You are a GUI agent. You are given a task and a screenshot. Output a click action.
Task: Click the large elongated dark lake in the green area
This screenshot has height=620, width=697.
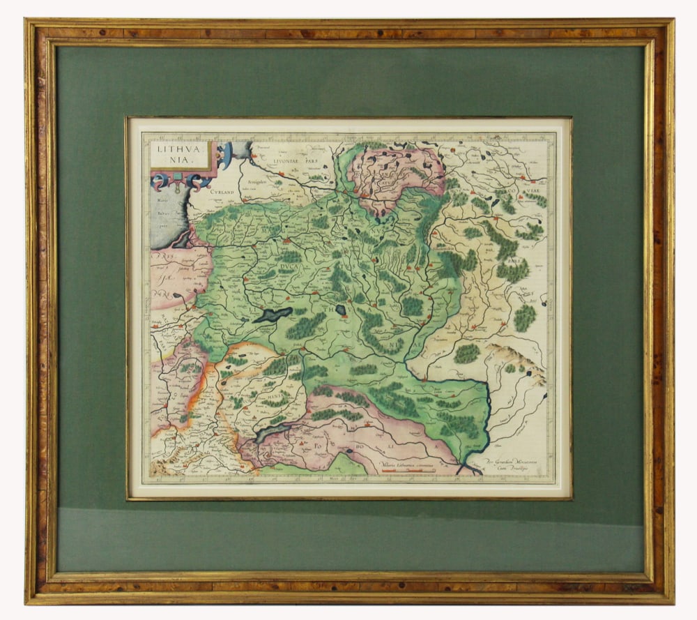pos(273,315)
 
